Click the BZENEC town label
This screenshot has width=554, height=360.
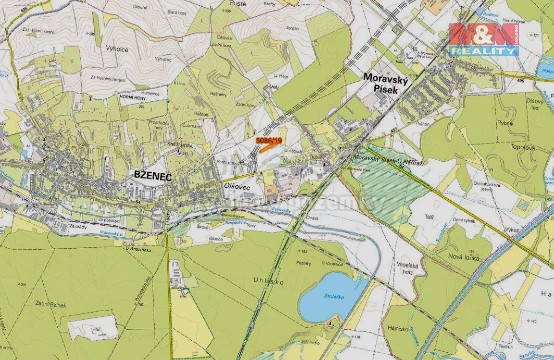click(153, 175)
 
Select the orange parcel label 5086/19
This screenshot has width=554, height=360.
click(269, 140)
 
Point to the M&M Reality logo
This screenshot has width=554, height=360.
click(484, 39)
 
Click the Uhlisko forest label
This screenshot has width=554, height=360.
click(269, 281)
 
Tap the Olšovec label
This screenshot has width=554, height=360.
click(237, 186)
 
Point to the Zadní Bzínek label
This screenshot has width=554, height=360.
click(51, 305)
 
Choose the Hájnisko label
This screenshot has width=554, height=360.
click(400, 328)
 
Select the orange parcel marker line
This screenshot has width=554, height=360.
click(268, 147)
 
